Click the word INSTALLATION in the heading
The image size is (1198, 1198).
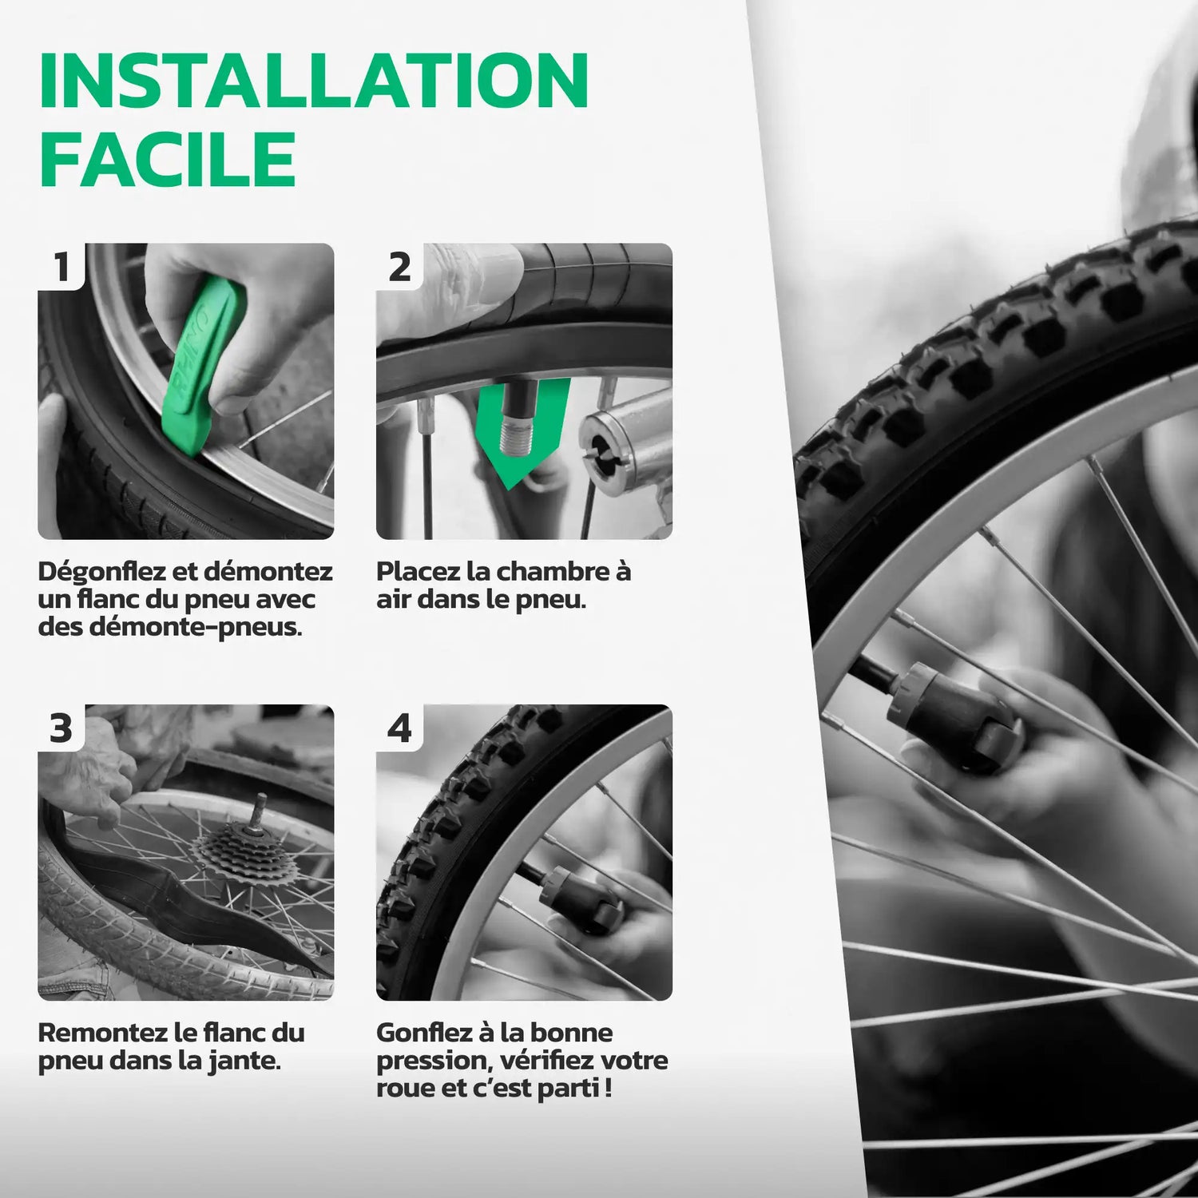pos(314,81)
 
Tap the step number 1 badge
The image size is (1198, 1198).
pos(61,266)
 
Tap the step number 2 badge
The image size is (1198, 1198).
pos(399,266)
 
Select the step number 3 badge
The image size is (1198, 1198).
pos(61,728)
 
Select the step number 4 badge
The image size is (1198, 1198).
pos(399,728)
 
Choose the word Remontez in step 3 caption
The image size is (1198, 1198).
pos(102,1033)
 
